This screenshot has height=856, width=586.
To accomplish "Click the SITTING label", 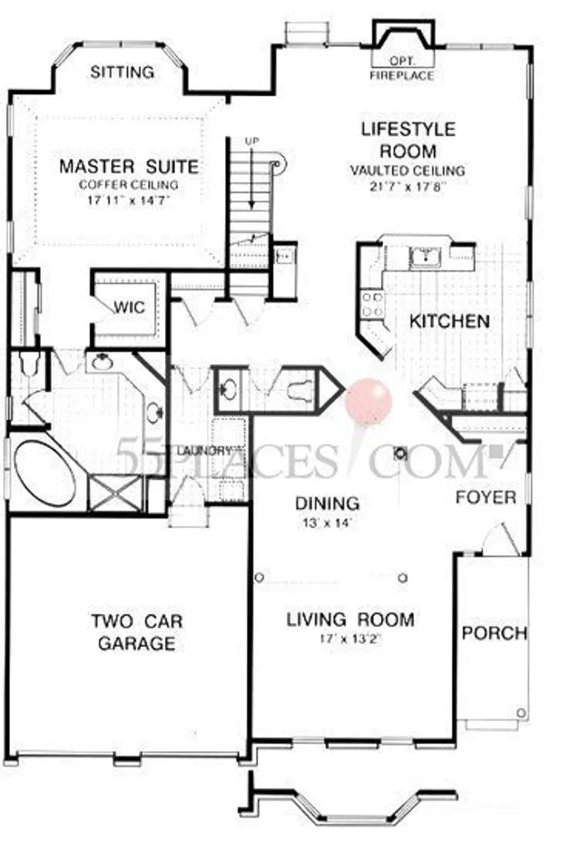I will click(123, 72).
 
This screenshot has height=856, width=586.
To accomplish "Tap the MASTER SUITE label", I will click(129, 166).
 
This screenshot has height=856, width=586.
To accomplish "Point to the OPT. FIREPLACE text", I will click(401, 70).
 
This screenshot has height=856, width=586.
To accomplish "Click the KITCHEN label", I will click(449, 321).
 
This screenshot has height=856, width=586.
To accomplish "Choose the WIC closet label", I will click(129, 307).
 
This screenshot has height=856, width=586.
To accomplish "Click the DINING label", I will click(327, 504).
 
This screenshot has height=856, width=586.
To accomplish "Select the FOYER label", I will click(486, 498).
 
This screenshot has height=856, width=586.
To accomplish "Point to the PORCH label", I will click(495, 633).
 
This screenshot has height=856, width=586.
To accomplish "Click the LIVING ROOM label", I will click(350, 620).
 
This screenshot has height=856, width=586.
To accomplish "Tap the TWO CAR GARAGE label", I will click(137, 632).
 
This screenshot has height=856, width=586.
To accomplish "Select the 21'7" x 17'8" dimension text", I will click(407, 187).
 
